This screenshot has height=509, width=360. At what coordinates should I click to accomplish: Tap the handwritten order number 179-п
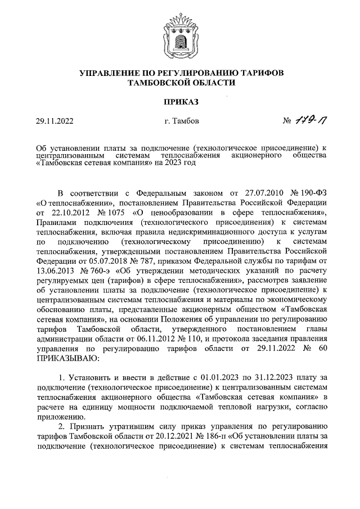308,120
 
